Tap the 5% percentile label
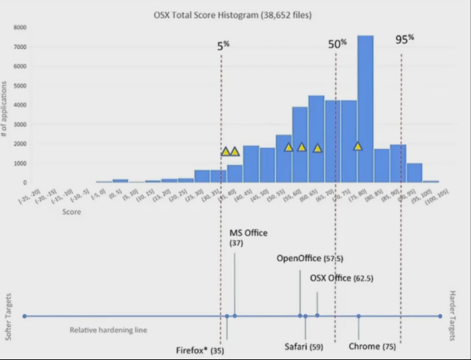(223, 46)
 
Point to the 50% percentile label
(337, 43)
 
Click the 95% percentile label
(405, 39)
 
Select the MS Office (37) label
(248, 238)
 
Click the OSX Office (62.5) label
(341, 279)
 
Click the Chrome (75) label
(372, 346)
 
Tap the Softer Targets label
(9, 314)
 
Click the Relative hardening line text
(109, 330)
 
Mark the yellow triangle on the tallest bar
(358, 146)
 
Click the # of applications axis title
(6, 107)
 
